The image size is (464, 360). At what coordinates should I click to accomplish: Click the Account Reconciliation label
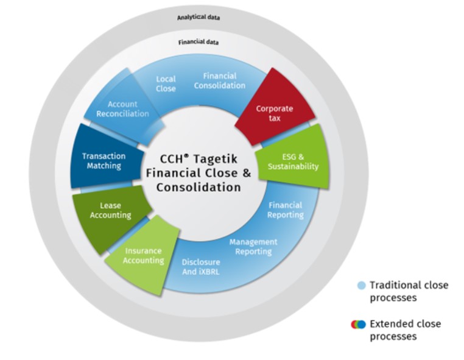click(x=122, y=109)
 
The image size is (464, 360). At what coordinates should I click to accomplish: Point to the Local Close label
click(x=166, y=83)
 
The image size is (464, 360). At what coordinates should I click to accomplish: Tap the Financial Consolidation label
click(x=223, y=80)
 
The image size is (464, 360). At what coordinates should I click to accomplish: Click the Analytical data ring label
click(x=199, y=17)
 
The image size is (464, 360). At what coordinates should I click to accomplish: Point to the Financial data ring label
click(x=199, y=43)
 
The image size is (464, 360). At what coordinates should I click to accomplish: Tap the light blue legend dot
click(x=362, y=286)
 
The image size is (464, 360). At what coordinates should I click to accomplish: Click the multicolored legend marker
click(x=358, y=325)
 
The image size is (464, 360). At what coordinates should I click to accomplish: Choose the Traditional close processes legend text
click(x=409, y=291)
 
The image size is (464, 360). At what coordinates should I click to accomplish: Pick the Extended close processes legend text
click(x=405, y=330)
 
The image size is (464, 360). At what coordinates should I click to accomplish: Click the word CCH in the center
click(x=170, y=160)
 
